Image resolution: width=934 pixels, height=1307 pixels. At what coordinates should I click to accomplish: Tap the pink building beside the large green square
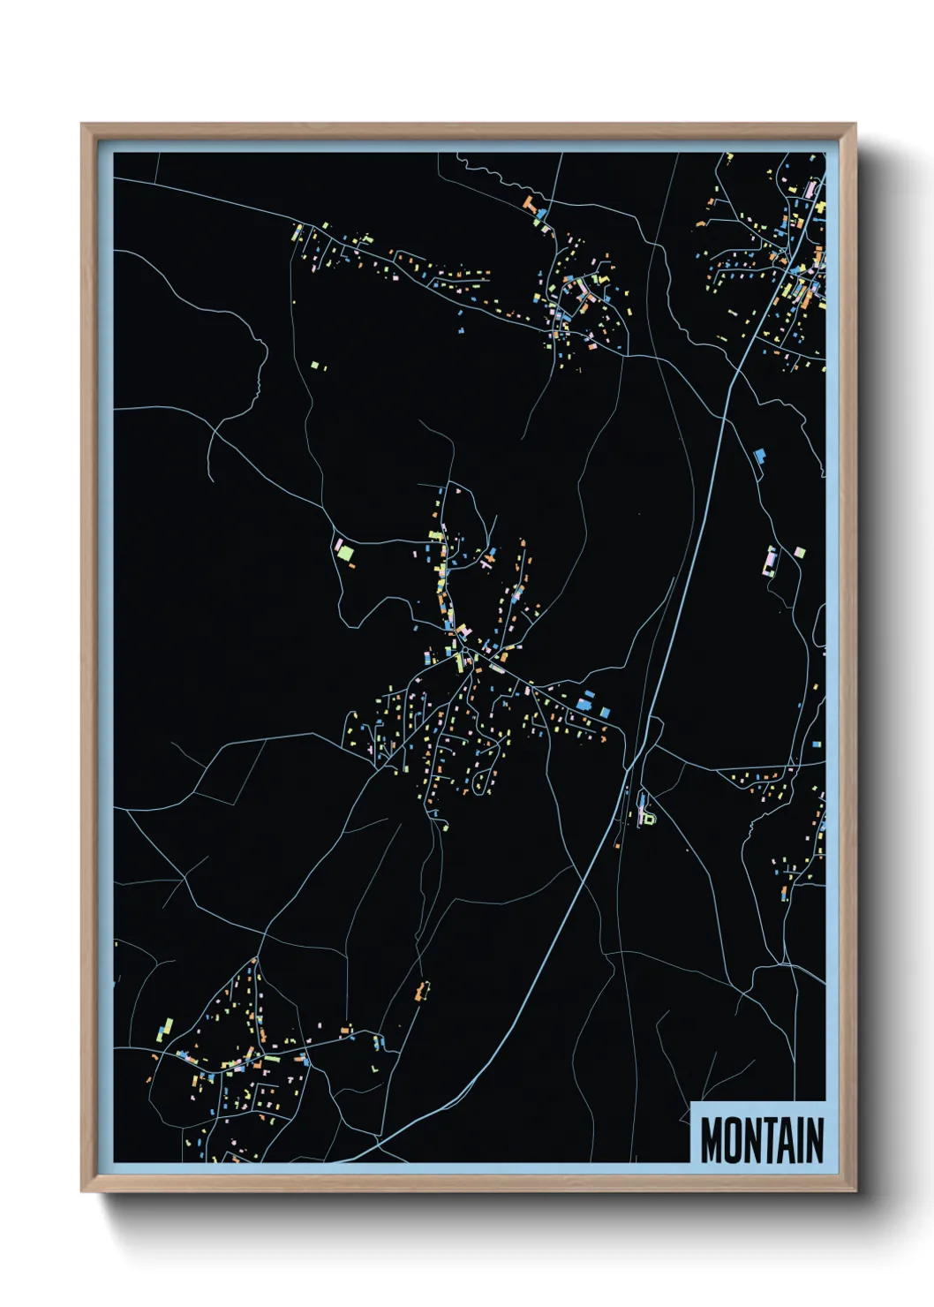point(336,543)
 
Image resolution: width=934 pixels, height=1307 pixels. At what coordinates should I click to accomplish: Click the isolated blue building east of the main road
point(758,456)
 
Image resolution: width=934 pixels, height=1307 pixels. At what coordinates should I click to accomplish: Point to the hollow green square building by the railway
point(650,819)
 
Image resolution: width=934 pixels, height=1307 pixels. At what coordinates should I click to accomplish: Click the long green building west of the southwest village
point(165,1028)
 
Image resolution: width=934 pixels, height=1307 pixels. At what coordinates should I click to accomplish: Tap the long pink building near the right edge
point(769,561)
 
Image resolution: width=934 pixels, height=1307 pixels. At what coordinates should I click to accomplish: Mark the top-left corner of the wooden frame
point(82,125)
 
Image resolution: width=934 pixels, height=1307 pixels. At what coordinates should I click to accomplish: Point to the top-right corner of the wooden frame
point(855,125)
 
